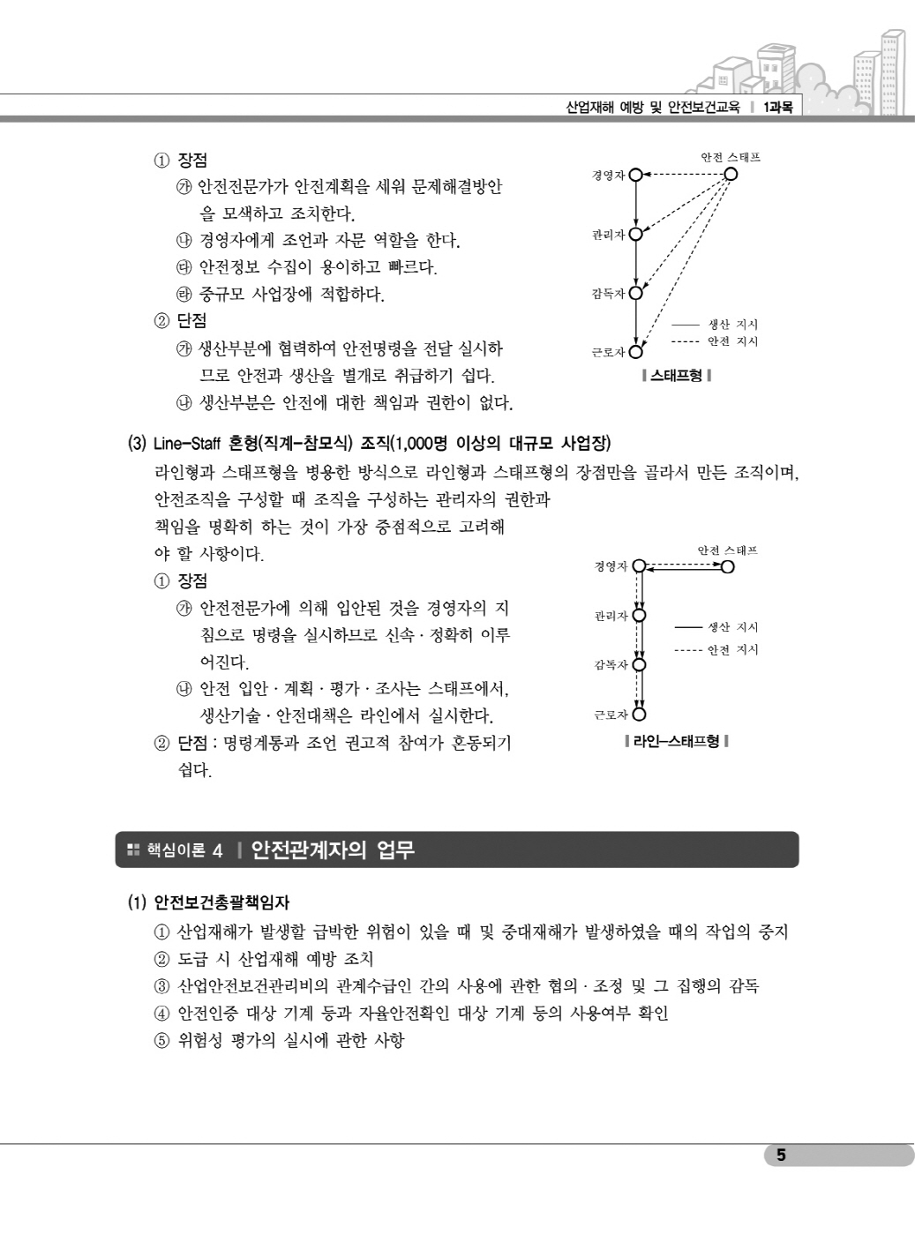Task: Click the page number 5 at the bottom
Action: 781,1155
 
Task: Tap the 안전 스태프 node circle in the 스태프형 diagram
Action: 730,174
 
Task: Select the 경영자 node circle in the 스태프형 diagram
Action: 635,175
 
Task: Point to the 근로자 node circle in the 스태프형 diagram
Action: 636,352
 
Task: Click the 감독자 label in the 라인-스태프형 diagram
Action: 611,665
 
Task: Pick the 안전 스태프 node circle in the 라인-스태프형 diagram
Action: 727,566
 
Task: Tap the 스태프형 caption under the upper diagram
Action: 677,376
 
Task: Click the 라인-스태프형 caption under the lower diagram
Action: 676,741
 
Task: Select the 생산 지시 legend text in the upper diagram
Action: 733,325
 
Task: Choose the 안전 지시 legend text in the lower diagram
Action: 733,650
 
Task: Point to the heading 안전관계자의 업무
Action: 333,850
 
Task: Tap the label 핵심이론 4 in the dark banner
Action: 184,851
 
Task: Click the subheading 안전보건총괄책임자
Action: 221,902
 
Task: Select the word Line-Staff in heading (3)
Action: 189,442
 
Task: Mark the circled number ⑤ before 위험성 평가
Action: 161,1041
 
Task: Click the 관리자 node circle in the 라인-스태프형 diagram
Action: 640,616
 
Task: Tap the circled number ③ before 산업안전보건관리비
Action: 161,986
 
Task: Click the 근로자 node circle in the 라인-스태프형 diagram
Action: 640,715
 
